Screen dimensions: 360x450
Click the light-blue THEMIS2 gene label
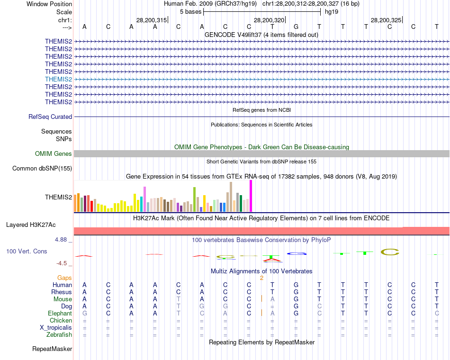point(58,79)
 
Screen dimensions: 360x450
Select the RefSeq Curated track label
point(50,117)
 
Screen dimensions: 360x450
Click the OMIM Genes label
point(54,153)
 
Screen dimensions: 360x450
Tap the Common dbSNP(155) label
point(42,168)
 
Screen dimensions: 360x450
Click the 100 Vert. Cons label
point(27,251)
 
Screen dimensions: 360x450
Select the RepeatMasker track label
point(52,349)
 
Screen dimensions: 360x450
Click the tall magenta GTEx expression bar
point(251,196)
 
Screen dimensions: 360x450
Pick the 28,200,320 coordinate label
point(269,20)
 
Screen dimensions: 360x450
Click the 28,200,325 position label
point(386,20)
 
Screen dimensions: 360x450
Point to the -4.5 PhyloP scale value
point(62,263)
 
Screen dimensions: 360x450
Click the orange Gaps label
point(64,278)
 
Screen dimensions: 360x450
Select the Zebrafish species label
point(60,335)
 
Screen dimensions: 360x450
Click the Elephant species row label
point(60,313)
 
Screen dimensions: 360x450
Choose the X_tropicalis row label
point(56,328)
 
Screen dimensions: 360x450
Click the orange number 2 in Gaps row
point(261,278)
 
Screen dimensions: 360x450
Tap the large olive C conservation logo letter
point(390,252)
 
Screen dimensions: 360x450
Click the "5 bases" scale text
point(190,11)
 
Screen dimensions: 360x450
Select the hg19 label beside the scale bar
point(331,11)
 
